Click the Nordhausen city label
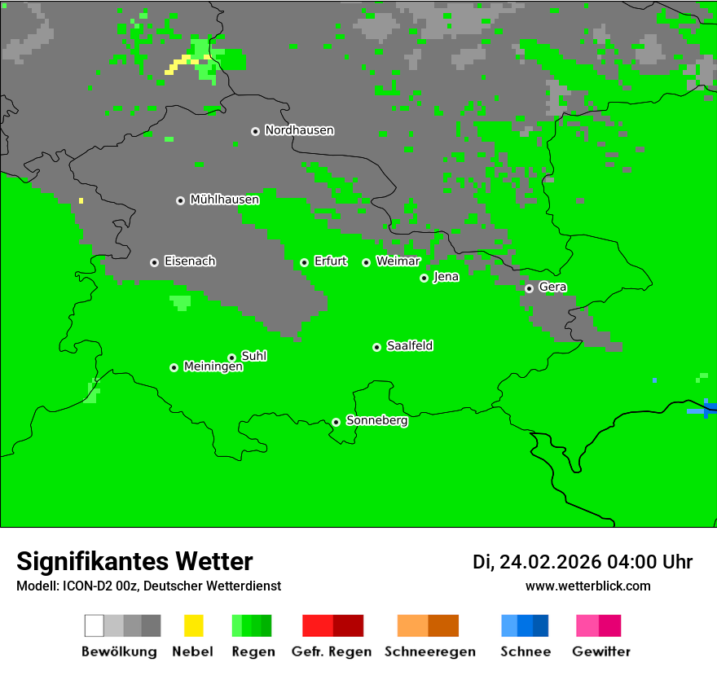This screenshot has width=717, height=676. (x=299, y=130)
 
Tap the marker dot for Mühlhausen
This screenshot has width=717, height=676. (x=180, y=200)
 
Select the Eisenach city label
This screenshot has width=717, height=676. (x=190, y=261)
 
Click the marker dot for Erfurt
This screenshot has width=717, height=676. (x=304, y=262)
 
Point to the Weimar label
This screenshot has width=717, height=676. (x=398, y=261)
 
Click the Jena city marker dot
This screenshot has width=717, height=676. (x=424, y=278)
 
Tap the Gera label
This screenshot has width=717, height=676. (x=552, y=288)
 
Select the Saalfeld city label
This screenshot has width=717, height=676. (x=410, y=346)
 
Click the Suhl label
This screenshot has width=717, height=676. (x=254, y=356)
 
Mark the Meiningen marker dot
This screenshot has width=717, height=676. (x=174, y=367)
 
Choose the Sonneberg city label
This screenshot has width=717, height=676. (x=377, y=421)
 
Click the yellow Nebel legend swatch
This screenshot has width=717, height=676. (x=193, y=626)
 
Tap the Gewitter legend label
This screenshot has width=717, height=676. (x=601, y=652)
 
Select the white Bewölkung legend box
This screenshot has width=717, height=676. (x=95, y=626)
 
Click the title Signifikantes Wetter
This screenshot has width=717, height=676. (x=135, y=562)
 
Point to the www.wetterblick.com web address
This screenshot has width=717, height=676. (x=588, y=586)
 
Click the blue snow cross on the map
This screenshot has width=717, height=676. (x=706, y=409)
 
